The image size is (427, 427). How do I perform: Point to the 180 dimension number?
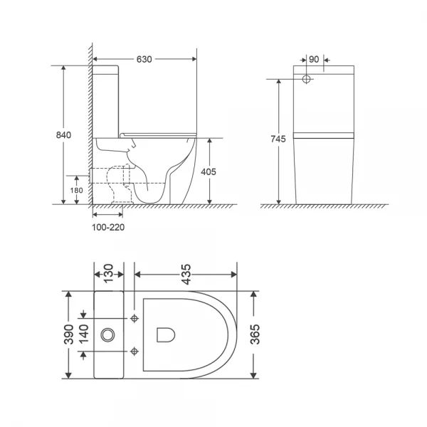pyautogui.click(x=77, y=190)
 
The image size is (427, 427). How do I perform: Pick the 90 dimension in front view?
pyautogui.click(x=316, y=60)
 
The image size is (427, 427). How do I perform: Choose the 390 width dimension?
pyautogui.click(x=68, y=334)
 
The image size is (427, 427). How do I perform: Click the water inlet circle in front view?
pyautogui.click(x=307, y=77)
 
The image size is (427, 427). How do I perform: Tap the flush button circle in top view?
pyautogui.click(x=108, y=333)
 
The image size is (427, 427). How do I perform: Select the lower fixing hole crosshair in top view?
pyautogui.click(x=135, y=349)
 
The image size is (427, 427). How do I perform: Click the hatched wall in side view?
pyautogui.click(x=89, y=128)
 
